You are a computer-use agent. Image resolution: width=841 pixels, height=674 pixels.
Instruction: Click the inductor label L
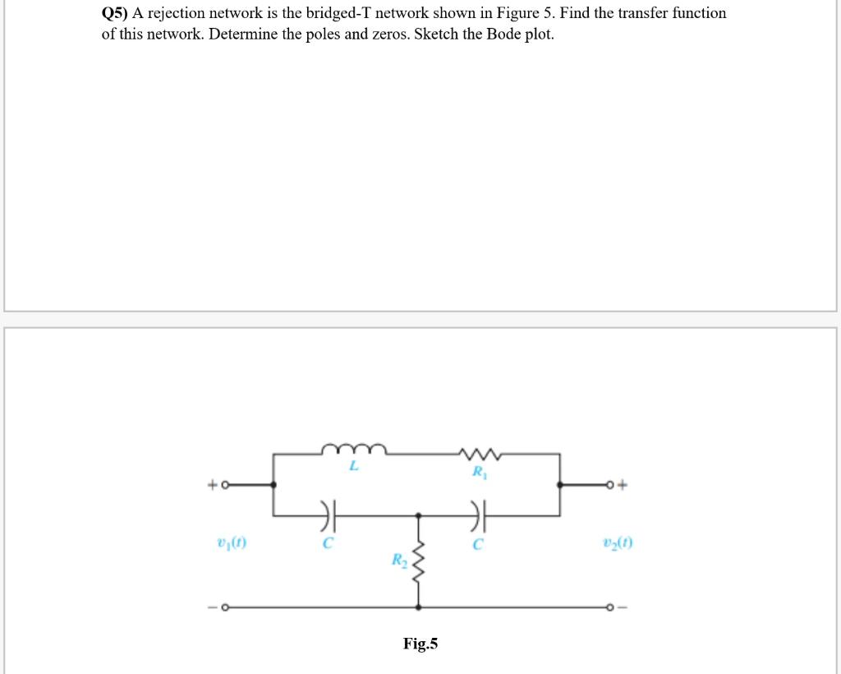pyautogui.click(x=354, y=467)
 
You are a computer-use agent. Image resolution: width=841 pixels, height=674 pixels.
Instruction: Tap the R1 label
pyautogui.click(x=478, y=473)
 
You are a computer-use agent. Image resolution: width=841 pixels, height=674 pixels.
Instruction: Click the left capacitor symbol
pyautogui.click(x=328, y=515)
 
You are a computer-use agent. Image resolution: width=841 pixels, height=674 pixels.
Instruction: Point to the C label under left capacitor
pyautogui.click(x=328, y=543)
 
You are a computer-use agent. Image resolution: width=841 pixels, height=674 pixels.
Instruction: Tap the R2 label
pyautogui.click(x=398, y=561)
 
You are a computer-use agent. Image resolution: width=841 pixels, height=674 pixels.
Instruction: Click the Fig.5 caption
pyautogui.click(x=420, y=643)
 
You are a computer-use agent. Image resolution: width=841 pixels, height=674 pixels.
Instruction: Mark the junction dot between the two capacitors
pyautogui.click(x=419, y=515)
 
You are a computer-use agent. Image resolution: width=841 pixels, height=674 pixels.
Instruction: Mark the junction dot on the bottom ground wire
pyautogui.click(x=419, y=607)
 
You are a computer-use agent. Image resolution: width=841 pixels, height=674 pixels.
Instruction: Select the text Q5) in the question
pyautogui.click(x=114, y=13)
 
